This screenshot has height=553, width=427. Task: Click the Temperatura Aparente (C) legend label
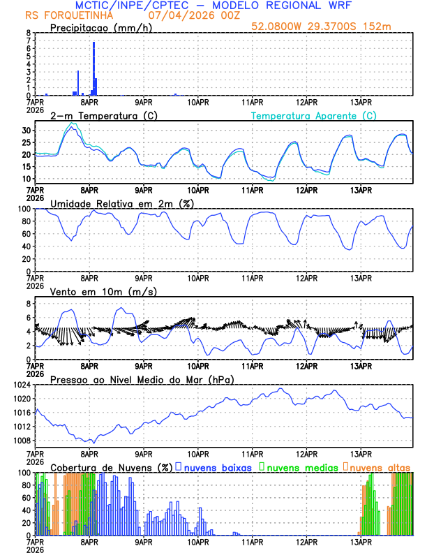click(313, 115)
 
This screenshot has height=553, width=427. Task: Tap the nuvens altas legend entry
click(377, 466)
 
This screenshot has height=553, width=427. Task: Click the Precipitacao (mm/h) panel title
click(100, 27)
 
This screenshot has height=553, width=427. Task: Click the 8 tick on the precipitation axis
click(28, 33)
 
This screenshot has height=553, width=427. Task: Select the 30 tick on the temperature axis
click(26, 131)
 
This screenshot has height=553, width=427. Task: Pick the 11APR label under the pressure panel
click(252, 453)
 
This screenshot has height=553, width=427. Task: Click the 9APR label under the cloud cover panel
click(144, 541)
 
